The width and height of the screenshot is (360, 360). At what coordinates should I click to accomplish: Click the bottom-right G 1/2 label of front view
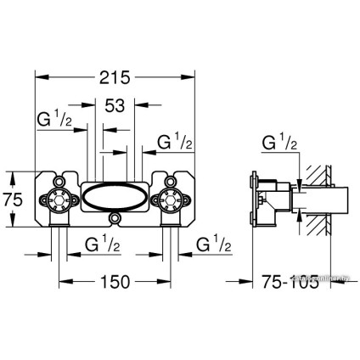click(x=214, y=245)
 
